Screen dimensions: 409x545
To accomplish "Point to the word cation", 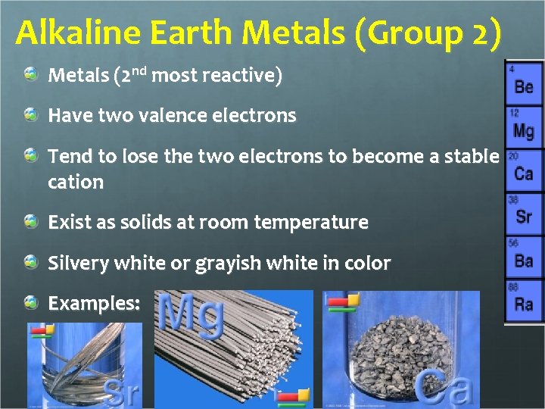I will (76, 182).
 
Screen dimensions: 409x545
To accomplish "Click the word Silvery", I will (78, 264).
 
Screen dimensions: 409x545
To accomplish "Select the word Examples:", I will (94, 304).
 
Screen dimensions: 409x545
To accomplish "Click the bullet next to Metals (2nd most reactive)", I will (31, 74).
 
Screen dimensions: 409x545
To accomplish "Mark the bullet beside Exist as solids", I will (31, 222).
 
